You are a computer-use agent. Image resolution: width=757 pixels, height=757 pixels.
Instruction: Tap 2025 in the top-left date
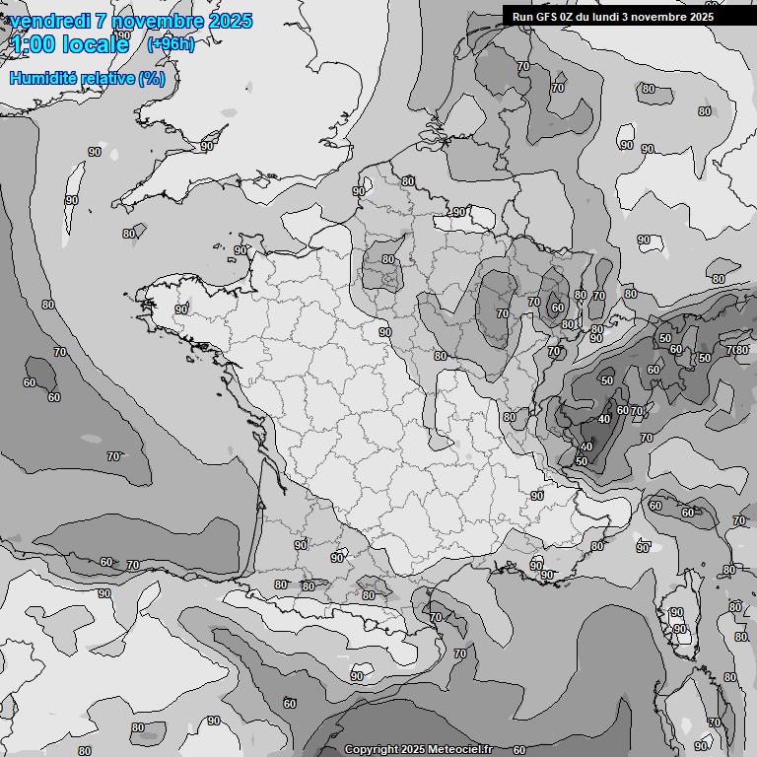coord(226,22)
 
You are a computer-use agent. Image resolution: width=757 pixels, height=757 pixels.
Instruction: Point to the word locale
coord(96,44)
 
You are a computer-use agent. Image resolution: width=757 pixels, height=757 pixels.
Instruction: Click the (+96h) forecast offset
coord(171,44)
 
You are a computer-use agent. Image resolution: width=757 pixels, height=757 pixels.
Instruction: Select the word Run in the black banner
coord(522,17)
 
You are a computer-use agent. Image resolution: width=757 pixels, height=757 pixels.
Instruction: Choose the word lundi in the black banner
coord(616,17)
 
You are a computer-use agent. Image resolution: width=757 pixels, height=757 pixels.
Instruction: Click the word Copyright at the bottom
coord(371,750)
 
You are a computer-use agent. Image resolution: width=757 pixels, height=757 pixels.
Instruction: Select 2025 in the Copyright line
coord(412,750)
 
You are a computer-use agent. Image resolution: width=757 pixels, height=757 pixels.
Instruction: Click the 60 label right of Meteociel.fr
coord(519,750)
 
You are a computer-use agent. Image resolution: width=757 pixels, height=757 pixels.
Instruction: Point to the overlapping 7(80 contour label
coord(736,350)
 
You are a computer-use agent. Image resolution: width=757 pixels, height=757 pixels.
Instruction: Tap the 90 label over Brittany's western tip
coord(181,310)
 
